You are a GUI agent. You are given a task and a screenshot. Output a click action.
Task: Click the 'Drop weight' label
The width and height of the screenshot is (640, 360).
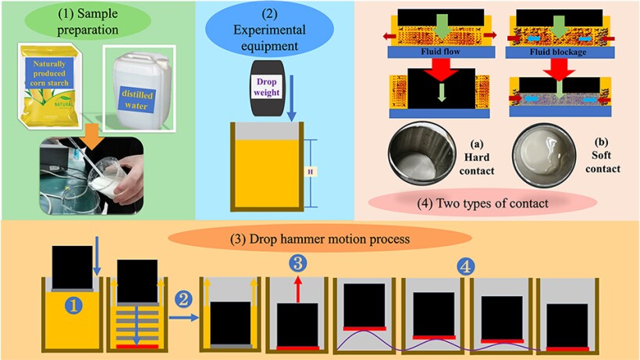tap(266, 87)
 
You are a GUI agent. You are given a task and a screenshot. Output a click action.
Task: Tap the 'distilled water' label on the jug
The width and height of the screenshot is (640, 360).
tap(137, 100)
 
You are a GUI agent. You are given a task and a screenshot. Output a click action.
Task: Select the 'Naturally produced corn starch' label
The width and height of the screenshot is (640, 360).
tap(49, 73)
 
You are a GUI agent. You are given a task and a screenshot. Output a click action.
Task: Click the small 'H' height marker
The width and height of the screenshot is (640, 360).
tap(310, 172)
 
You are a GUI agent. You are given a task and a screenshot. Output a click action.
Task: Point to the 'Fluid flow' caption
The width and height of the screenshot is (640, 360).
tap(440, 52)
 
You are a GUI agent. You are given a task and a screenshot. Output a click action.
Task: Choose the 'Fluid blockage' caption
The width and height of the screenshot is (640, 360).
tap(558, 52)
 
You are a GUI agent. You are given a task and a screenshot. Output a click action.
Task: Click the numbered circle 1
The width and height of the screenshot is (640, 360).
tap(74, 305)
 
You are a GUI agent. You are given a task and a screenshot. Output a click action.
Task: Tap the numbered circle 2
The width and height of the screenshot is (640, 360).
tap(183, 300)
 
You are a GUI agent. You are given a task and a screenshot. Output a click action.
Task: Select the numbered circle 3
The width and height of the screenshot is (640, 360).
tap(298, 263)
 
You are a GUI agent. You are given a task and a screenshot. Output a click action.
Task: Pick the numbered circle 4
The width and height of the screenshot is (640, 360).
tap(466, 267)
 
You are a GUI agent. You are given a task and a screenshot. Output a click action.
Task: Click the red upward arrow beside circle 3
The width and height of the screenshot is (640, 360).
tap(298, 289)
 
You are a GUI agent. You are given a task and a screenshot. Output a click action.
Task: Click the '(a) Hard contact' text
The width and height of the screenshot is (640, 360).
tap(477, 158)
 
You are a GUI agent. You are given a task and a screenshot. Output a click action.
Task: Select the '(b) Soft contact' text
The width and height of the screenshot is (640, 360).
tap(603, 155)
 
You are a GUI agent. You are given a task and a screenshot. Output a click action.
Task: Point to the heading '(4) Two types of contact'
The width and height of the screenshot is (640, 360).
tap(482, 203)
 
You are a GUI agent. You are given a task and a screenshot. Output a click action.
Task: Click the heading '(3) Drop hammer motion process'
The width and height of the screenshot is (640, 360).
tap(320, 239)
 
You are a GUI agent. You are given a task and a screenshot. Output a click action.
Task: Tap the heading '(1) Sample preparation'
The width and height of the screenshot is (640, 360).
tap(87, 22)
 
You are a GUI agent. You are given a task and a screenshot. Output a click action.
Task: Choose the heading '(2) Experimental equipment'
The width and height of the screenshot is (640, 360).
tap(269, 30)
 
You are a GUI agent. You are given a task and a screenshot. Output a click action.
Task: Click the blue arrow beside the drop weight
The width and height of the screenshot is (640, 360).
tap(291, 98)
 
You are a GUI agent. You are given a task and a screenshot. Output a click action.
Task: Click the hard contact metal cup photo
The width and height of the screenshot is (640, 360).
tap(421, 154)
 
